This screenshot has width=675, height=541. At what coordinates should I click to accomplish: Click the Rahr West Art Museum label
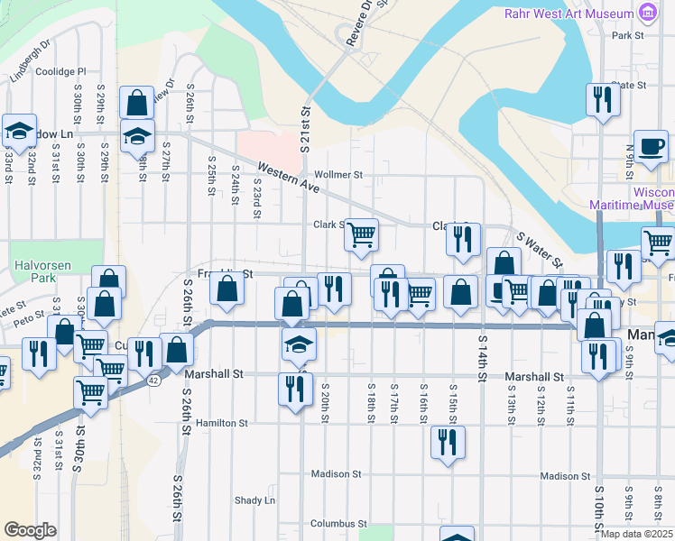click(568, 14)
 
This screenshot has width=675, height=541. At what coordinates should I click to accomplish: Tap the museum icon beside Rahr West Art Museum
click(647, 13)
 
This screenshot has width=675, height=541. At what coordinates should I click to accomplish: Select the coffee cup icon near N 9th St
click(651, 146)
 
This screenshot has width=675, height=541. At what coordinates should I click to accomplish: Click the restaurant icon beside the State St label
click(602, 99)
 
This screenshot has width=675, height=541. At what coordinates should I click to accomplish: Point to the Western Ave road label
click(290, 179)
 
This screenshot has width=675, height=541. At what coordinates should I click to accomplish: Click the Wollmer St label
click(337, 175)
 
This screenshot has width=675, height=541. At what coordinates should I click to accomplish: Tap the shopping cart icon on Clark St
click(362, 234)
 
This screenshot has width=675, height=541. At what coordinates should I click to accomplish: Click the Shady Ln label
click(254, 500)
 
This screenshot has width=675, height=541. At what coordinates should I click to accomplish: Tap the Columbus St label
click(338, 523)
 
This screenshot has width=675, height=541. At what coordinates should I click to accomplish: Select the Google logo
click(30, 530)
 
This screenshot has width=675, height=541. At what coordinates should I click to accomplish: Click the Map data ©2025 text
click(637, 534)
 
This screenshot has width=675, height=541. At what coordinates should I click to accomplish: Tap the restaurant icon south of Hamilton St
click(448, 442)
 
